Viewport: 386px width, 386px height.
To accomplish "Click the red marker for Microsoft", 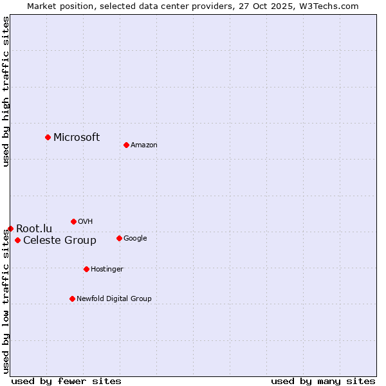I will click(x=48, y=137).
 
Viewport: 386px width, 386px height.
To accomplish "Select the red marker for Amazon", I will click(x=126, y=145).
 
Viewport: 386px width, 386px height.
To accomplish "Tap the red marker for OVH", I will click(x=73, y=221).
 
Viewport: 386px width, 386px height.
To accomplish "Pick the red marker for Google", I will click(x=119, y=238).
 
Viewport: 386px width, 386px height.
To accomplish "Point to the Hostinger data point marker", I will click(x=86, y=269).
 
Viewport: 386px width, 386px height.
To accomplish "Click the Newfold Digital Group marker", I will click(x=72, y=299).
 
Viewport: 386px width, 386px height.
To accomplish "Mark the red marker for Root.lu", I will click(x=10, y=228).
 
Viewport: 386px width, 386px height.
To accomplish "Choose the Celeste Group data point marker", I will click(x=17, y=241).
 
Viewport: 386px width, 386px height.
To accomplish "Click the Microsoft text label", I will click(x=77, y=137).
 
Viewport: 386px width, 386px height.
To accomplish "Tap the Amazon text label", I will click(x=144, y=145).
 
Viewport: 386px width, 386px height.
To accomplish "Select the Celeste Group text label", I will click(x=60, y=241).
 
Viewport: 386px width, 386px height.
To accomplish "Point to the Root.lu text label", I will click(x=34, y=228).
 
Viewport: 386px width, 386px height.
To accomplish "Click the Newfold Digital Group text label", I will click(x=114, y=299).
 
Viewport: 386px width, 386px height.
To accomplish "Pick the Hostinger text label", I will click(x=107, y=269).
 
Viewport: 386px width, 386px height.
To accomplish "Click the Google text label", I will click(x=135, y=238).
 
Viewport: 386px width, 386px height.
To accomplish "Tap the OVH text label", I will click(x=86, y=221).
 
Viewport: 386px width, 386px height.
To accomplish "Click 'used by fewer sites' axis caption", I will click(x=66, y=381).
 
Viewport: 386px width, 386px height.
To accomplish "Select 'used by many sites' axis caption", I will click(x=323, y=381).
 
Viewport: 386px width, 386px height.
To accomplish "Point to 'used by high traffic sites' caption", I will click(x=6, y=91).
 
